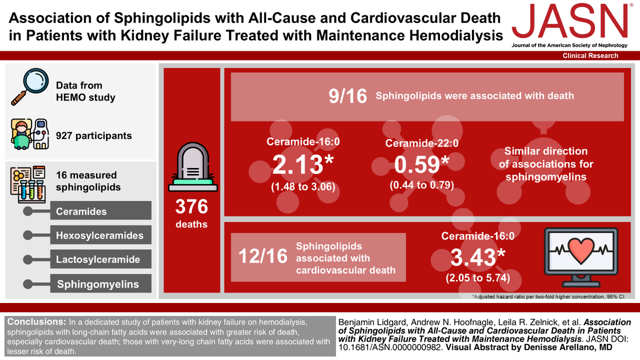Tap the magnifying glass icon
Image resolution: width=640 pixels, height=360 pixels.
(30, 86)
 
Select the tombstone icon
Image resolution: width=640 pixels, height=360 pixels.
(193, 167)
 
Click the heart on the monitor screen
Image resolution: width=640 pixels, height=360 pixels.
(581, 250)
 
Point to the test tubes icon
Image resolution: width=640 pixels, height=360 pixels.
(28, 185)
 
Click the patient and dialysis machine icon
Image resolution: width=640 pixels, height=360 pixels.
(30, 134)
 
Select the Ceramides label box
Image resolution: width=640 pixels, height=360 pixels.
(101, 211)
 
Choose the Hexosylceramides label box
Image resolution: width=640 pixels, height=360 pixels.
(101, 235)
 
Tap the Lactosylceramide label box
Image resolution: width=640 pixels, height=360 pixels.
(101, 259)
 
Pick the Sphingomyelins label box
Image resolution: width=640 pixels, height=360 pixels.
(101, 283)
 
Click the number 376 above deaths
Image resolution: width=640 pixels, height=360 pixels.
(191, 206)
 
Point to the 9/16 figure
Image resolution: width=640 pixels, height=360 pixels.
(348, 96)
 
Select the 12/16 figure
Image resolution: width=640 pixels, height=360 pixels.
(263, 256)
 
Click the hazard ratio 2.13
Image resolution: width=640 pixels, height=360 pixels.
(303, 165)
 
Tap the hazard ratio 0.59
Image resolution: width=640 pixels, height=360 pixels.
(422, 165)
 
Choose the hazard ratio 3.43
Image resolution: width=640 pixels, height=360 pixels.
(478, 257)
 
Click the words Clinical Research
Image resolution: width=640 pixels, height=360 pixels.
(590, 55)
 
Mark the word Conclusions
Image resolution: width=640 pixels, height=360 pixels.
(37, 322)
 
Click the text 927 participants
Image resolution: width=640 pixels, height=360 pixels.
(94, 135)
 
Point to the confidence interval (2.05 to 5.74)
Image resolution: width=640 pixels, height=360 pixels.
(478, 278)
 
